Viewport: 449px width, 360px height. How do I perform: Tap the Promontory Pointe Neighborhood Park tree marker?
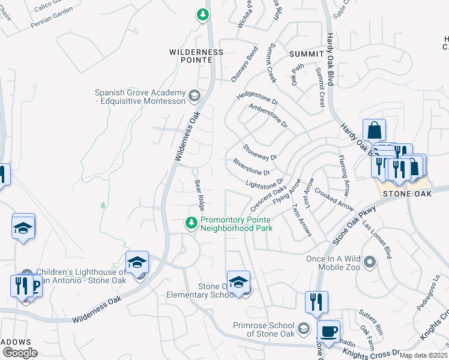(191, 223)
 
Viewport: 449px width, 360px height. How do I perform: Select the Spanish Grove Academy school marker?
(194, 95)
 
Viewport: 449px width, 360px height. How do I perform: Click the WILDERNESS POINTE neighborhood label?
(196, 56)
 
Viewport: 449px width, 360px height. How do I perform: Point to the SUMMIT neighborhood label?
(306, 54)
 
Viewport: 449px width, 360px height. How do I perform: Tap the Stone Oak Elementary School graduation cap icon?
(238, 282)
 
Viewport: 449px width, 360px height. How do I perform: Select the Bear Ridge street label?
(199, 193)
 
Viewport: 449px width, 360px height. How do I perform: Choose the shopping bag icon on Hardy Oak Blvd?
(374, 130)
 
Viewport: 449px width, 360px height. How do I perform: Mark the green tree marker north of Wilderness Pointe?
(203, 14)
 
